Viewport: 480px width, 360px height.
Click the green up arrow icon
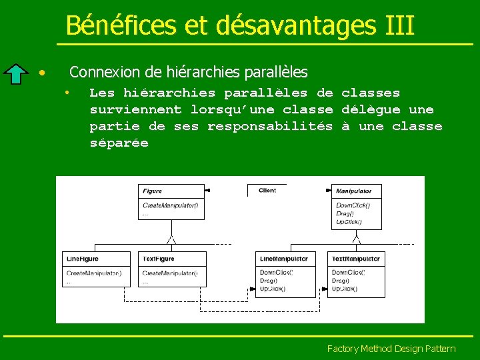point(17,73)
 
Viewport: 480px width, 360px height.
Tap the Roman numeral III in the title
point(399,25)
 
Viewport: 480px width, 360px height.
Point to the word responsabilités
point(269,126)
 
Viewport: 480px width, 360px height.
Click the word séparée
point(119,143)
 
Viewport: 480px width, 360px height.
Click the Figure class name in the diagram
point(152,191)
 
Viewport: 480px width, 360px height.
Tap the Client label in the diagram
point(267,191)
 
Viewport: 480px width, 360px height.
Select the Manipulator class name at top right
point(354,191)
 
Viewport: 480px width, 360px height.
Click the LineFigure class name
point(82,259)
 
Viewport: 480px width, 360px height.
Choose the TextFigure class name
point(159,259)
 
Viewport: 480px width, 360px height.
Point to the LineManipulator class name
point(283,259)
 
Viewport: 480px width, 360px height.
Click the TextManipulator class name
point(357,259)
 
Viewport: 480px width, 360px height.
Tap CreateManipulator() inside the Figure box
point(170,205)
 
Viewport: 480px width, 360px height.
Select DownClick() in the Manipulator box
point(353,205)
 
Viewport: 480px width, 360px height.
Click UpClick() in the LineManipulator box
point(273,289)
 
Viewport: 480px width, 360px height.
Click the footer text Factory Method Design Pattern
point(391,349)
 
